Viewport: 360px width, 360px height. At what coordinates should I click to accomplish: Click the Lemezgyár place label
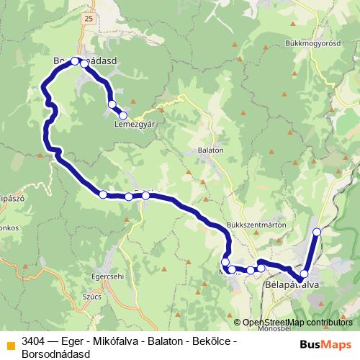tap(135, 124)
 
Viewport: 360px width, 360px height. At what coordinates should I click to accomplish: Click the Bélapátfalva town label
tap(292, 285)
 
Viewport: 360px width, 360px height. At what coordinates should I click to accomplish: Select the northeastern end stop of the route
tap(317, 232)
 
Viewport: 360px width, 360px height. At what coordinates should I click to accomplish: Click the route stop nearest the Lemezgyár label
tap(123, 115)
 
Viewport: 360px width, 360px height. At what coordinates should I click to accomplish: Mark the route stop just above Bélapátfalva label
tap(304, 274)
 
